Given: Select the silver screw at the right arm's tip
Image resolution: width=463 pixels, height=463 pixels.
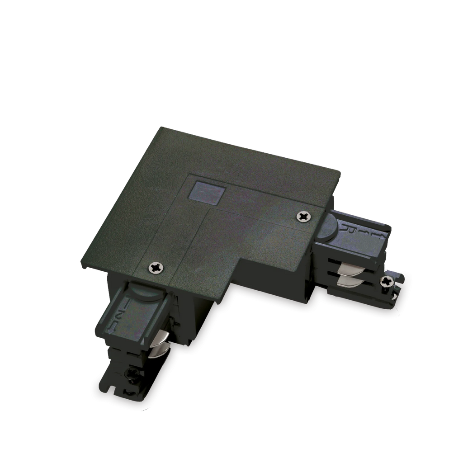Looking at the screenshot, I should [387, 282].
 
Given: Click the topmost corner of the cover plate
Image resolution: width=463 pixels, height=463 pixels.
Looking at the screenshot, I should [159, 126].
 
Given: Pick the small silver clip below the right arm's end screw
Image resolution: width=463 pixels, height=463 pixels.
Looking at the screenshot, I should [395, 294].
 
